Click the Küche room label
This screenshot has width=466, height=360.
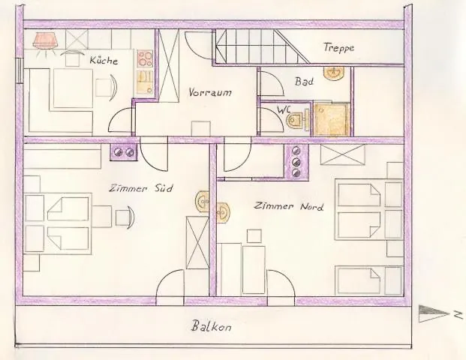point(104,60)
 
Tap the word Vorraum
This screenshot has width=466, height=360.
point(210,93)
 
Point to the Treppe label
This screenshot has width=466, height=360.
point(339,48)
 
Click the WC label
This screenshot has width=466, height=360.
point(284,109)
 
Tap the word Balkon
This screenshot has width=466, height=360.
point(210,327)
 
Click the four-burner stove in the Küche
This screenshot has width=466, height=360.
point(145,58)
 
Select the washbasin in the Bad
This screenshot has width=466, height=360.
point(335,73)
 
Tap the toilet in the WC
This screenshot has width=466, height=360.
point(296,118)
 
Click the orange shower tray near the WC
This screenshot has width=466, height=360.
point(331,118)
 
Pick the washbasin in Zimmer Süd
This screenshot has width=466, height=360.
point(202,200)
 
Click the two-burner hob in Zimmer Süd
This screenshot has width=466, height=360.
point(124,153)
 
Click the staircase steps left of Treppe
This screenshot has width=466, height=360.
point(263,46)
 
